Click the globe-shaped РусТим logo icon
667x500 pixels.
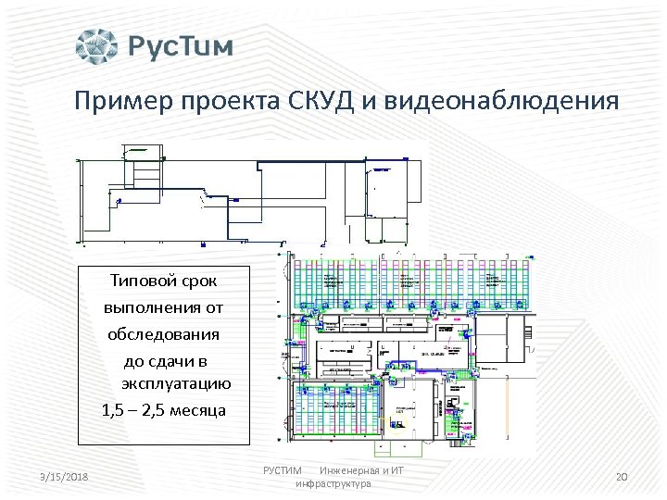97,46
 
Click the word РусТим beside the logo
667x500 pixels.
181,47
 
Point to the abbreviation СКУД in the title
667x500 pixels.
320,99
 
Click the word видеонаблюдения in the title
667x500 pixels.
498,100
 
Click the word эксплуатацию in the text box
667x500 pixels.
176,384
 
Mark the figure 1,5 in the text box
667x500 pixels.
114,410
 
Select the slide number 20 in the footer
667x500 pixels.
622,477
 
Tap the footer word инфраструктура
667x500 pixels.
333,484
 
